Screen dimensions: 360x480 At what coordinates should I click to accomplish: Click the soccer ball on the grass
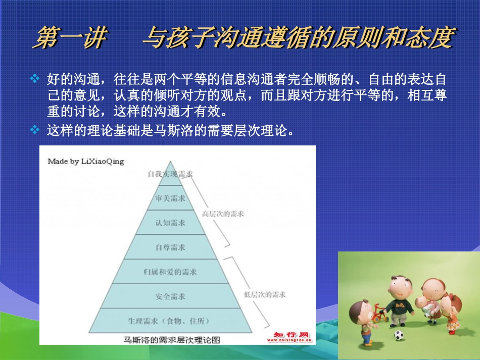point(399,335)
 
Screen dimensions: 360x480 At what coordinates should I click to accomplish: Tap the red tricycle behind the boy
point(379,314)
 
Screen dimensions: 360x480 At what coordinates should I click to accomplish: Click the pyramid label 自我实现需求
point(170,174)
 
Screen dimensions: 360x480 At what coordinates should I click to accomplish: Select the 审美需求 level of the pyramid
point(170,198)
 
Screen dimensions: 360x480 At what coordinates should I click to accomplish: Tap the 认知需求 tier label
point(170,223)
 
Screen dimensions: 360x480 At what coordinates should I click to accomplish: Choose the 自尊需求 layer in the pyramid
point(170,247)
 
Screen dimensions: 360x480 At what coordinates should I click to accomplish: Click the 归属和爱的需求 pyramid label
point(170,272)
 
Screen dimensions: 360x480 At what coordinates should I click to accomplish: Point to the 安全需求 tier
point(170,296)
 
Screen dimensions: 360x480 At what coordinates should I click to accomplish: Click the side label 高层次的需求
point(223,214)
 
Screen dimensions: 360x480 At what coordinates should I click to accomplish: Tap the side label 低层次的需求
point(265,294)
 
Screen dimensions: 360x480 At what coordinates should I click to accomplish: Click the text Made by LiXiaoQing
point(85,162)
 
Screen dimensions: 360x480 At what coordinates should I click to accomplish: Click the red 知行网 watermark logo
point(291,335)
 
